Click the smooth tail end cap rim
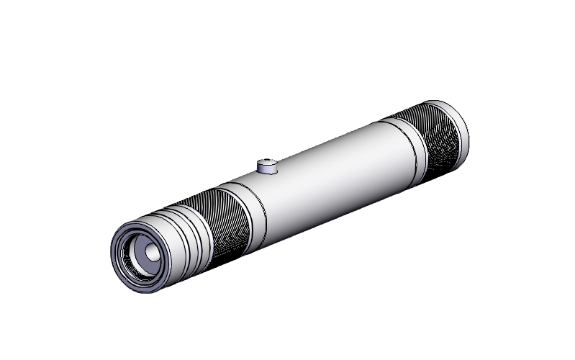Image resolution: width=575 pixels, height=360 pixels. point(456,130)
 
